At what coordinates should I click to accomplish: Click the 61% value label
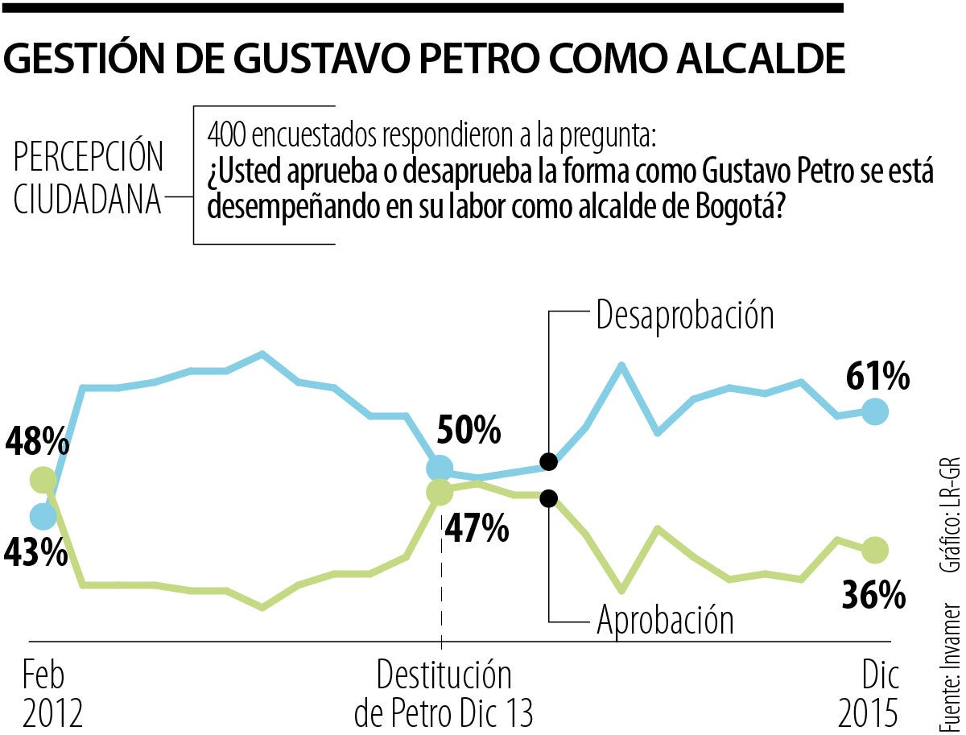tap(877, 376)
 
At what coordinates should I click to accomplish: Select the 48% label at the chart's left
tap(37, 442)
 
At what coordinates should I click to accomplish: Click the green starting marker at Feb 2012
tap(43, 481)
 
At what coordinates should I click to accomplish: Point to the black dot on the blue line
tap(548, 462)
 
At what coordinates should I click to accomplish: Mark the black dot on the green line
tap(548, 498)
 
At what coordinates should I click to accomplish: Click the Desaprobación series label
tap(684, 316)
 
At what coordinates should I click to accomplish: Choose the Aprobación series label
tap(665, 620)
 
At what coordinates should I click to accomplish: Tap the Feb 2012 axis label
tap(52, 695)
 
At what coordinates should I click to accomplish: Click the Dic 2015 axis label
tap(868, 695)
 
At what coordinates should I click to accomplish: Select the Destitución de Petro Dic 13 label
tap(444, 695)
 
